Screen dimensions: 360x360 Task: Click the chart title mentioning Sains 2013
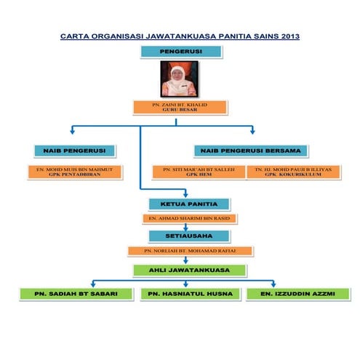pos(180,36)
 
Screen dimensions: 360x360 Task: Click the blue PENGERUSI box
pos(180,52)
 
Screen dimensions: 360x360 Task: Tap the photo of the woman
pos(179,79)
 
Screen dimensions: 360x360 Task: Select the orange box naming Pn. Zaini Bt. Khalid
pos(179,108)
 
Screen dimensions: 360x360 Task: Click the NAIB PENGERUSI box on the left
pos(75,151)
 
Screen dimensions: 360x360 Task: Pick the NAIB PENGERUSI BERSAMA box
pos(247,151)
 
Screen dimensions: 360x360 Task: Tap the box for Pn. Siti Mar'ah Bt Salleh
pos(199,172)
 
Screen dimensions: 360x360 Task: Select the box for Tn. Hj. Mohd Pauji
pos(293,172)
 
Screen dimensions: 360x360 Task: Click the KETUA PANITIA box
pos(188,204)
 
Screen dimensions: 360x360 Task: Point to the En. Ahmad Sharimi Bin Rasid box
pos(188,218)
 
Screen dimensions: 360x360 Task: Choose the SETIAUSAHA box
pos(188,236)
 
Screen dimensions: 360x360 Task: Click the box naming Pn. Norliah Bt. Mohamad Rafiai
pos(190,251)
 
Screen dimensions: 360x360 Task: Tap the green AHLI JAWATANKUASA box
pos(189,270)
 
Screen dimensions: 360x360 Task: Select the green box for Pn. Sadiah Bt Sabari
pos(76,294)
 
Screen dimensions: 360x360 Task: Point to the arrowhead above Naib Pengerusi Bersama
pos(252,132)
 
